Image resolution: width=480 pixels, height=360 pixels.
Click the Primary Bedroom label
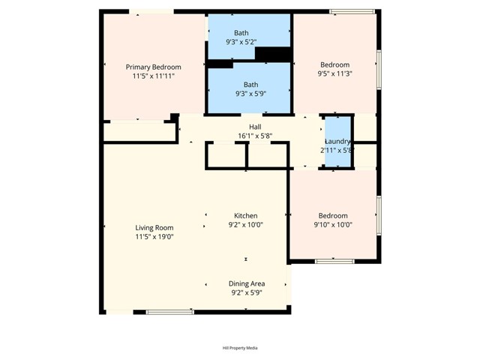(x=153, y=67)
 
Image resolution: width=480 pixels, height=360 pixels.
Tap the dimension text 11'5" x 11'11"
(x=153, y=76)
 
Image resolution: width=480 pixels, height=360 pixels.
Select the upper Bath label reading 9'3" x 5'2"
(x=241, y=42)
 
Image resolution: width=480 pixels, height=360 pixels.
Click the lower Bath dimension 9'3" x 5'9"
(x=241, y=94)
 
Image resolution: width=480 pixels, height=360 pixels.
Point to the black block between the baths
(x=272, y=55)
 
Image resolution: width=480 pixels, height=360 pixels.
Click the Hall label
(x=255, y=127)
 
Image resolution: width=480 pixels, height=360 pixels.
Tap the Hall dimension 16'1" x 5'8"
(x=255, y=136)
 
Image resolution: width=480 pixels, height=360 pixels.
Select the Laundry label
(x=337, y=141)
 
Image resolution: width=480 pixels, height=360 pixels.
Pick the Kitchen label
(x=245, y=215)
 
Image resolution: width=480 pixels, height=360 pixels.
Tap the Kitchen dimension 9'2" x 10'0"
(x=245, y=224)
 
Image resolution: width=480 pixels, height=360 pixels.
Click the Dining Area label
(x=247, y=283)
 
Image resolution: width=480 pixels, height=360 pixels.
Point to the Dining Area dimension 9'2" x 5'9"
(x=247, y=293)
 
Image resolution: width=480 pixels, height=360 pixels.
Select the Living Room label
(x=154, y=228)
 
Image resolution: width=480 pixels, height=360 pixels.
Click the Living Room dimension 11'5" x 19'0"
(x=154, y=237)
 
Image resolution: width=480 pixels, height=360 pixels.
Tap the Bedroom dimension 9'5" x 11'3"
(x=334, y=74)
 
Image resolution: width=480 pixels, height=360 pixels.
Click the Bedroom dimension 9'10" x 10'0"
(x=332, y=224)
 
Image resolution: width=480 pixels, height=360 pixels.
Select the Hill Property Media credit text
(x=240, y=348)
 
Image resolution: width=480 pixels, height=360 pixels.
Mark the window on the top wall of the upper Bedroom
(x=352, y=11)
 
